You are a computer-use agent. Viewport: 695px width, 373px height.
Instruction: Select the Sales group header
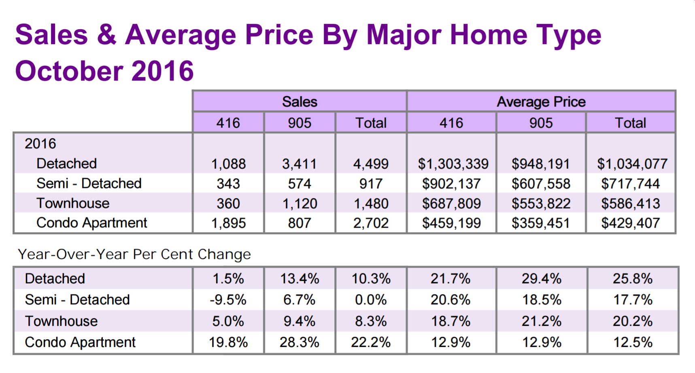click(x=300, y=102)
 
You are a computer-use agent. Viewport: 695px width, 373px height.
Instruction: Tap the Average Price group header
click(x=541, y=102)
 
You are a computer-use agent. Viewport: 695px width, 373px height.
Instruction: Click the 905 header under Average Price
click(x=541, y=123)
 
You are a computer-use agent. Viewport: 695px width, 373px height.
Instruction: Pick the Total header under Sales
click(x=371, y=123)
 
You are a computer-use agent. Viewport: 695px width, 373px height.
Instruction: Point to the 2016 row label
click(x=40, y=144)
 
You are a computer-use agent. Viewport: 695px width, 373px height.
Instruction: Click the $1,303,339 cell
click(x=453, y=164)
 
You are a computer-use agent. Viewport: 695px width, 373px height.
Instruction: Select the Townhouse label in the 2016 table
click(x=73, y=203)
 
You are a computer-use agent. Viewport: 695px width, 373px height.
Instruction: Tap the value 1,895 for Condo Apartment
click(x=228, y=223)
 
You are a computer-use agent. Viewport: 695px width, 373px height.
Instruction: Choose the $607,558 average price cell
click(x=541, y=184)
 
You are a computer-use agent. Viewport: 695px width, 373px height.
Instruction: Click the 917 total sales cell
click(x=371, y=184)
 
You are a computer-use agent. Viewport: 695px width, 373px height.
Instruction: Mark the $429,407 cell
click(x=630, y=223)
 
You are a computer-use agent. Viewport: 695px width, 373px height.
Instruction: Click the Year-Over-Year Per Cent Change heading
click(x=134, y=254)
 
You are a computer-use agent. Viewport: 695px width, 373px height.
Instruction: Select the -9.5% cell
click(x=228, y=300)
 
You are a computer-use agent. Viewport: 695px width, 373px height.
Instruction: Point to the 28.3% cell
click(x=299, y=343)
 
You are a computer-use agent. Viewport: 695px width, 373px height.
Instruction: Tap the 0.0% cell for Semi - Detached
click(x=371, y=300)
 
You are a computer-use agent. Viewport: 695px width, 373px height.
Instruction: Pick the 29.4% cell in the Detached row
click(x=541, y=279)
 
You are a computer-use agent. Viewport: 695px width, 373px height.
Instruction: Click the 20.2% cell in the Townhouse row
click(x=632, y=322)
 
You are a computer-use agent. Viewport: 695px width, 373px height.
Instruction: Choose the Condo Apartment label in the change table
click(x=80, y=343)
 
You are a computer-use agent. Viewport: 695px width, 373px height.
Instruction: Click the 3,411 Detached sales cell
click(x=299, y=164)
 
